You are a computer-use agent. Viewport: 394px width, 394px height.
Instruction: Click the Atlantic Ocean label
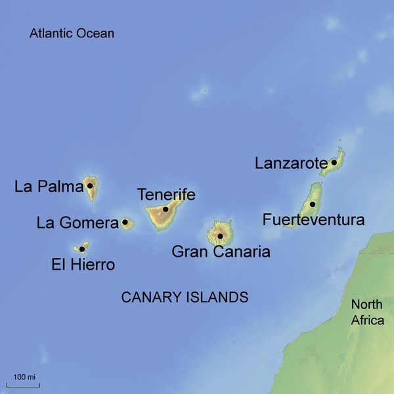[x=72, y=33]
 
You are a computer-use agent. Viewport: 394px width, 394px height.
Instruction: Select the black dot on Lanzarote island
[x=334, y=162]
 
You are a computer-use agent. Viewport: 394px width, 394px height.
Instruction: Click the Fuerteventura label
[x=313, y=220]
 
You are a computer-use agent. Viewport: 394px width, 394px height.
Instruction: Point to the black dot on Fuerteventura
[x=313, y=204]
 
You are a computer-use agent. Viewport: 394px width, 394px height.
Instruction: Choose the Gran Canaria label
[x=221, y=251]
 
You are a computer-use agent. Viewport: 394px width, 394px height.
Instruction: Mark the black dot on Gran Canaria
[x=221, y=236]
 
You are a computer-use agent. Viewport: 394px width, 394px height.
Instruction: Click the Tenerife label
[x=166, y=194]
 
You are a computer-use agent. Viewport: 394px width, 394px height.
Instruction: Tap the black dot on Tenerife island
[x=165, y=209]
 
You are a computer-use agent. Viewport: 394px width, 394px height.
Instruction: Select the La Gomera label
[x=77, y=223]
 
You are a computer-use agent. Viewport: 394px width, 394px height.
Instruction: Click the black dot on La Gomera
[x=125, y=223]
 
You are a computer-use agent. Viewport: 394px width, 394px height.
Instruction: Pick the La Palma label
[x=49, y=187]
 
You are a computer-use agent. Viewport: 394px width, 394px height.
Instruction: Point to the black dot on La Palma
[x=90, y=186]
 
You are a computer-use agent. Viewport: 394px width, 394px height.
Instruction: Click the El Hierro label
[x=83, y=265]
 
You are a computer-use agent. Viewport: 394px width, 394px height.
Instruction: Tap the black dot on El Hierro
[x=82, y=249]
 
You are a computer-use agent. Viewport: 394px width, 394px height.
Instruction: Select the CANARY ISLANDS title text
[x=185, y=297]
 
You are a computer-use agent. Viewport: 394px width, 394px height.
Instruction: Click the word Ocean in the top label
[x=94, y=33]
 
